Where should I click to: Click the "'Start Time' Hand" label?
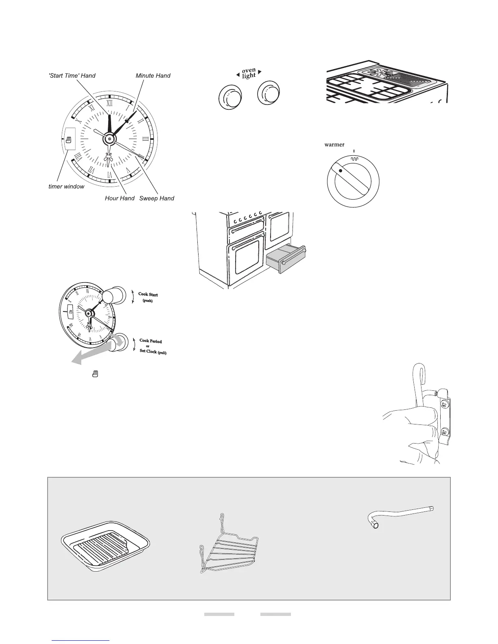pyautogui.click(x=72, y=76)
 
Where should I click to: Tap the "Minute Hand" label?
pyautogui.click(x=153, y=76)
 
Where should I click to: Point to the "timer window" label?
pyautogui.click(x=67, y=187)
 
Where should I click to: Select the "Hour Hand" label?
pyautogui.click(x=120, y=198)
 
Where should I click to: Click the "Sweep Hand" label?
pyautogui.click(x=157, y=198)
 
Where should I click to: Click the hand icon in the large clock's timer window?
pyautogui.click(x=69, y=140)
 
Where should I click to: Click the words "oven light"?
pyautogui.click(x=249, y=74)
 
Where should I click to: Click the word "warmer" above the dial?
pyautogui.click(x=334, y=145)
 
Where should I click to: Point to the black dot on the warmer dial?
pyautogui.click(x=341, y=171)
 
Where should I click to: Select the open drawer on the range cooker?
pyautogui.click(x=286, y=259)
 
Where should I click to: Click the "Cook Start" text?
pyautogui.click(x=148, y=294)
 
